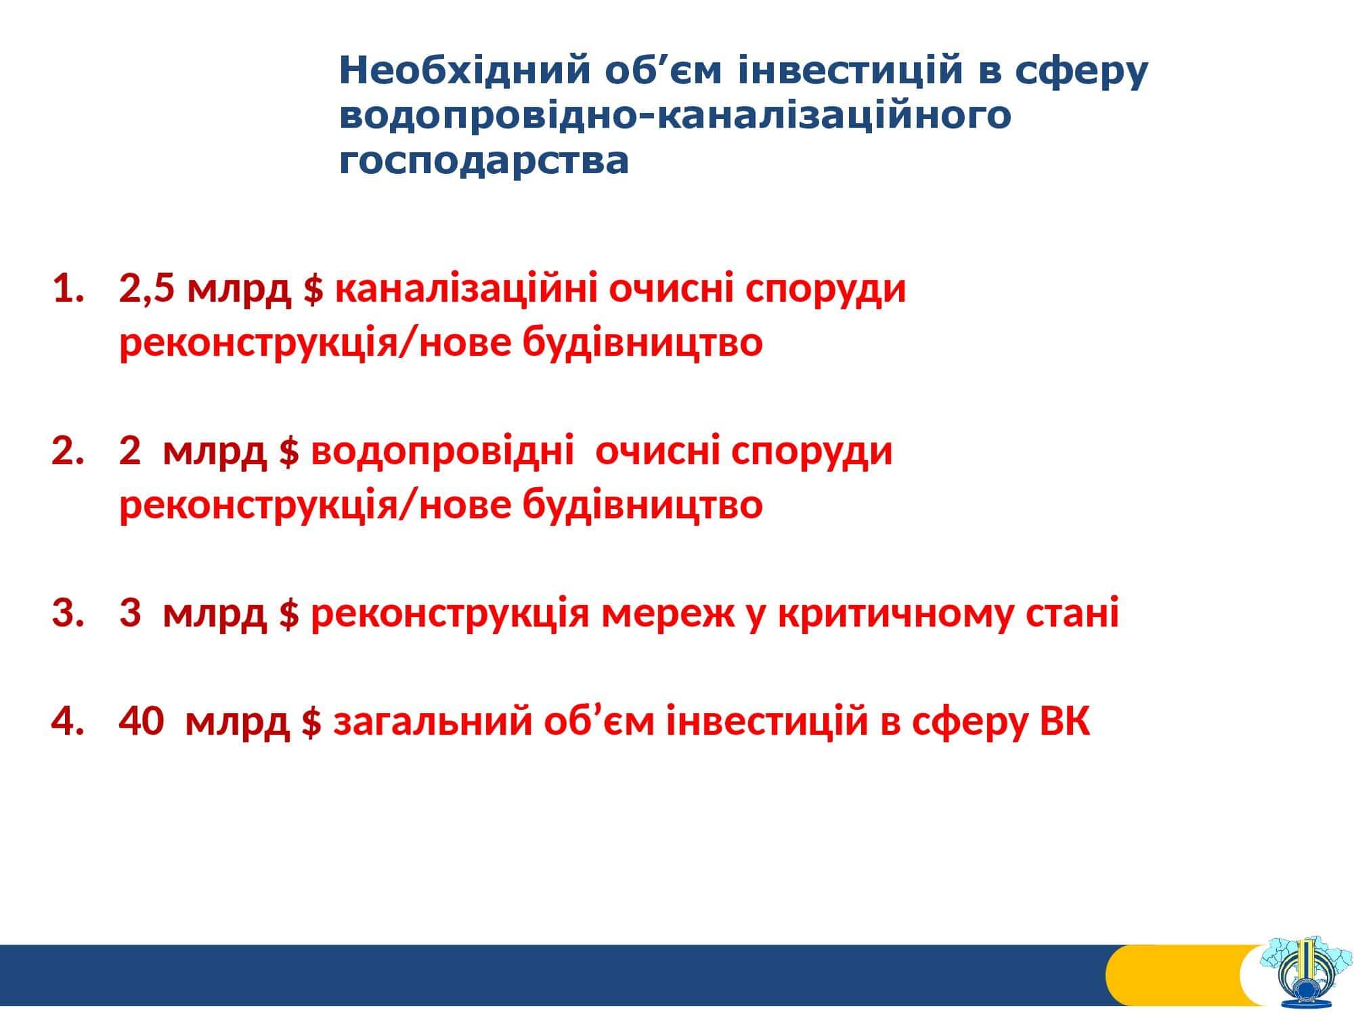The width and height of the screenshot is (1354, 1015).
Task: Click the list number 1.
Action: [x=69, y=290]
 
